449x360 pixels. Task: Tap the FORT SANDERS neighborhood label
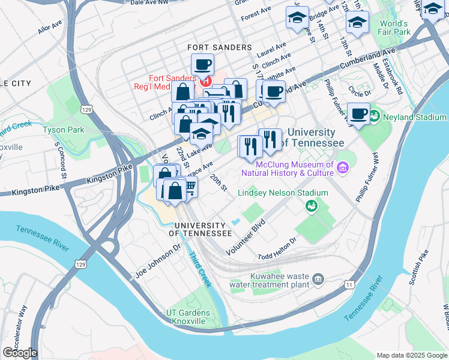point(220,47)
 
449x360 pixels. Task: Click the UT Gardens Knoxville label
point(188,317)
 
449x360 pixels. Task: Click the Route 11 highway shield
point(349,285)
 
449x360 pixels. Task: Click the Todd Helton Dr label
point(277,248)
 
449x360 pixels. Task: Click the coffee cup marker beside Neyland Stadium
point(360,113)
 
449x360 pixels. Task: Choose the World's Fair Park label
point(394,28)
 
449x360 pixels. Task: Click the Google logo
point(20,353)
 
